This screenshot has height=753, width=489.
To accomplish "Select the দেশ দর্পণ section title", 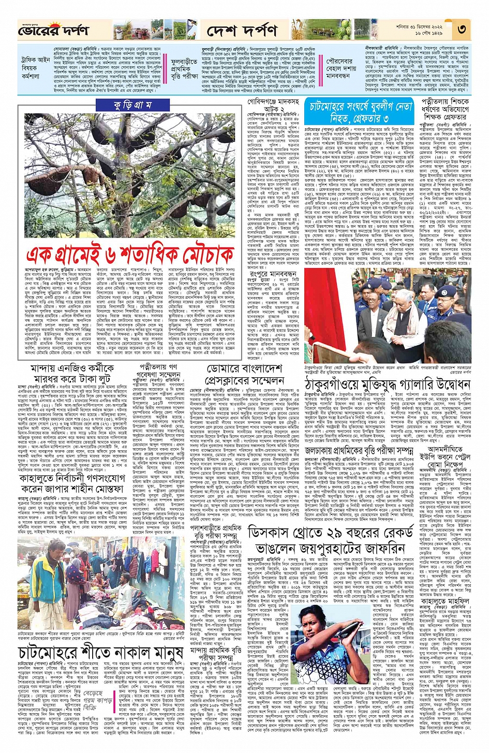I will coord(241,32).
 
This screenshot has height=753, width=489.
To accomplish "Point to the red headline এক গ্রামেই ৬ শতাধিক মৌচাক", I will coord(130,255).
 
